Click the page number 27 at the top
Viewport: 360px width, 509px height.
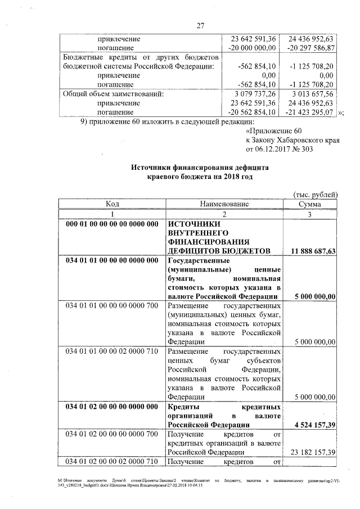pyautogui.click(x=200, y=25)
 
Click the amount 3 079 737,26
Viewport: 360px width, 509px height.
pyautogui.click(x=256, y=94)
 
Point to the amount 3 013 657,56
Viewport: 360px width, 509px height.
pyautogui.click(x=314, y=94)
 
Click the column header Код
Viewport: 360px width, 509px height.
pyautogui.click(x=112, y=204)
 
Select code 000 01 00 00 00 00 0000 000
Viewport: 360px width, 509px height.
pyautogui.click(x=112, y=224)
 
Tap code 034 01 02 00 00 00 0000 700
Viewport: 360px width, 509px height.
pyautogui.click(x=112, y=434)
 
